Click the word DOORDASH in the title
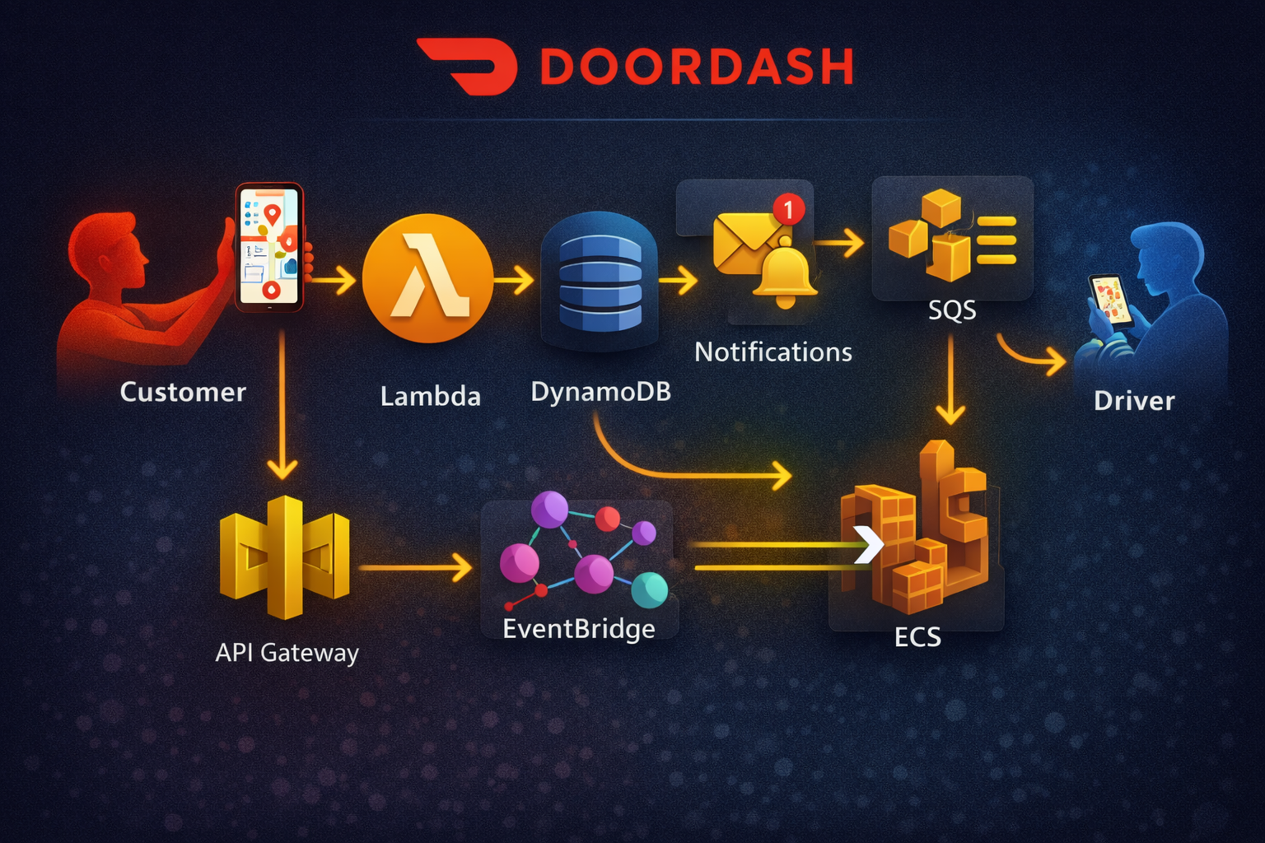point(697,68)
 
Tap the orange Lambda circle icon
point(427,278)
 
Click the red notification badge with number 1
point(788,209)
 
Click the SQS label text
point(952,310)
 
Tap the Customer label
point(183,392)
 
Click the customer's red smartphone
point(269,247)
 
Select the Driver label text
point(1134,401)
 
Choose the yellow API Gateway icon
point(285,557)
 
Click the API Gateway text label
point(287,653)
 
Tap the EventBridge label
point(579,629)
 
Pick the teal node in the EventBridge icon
point(650,589)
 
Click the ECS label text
point(917,637)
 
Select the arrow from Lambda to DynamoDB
point(515,282)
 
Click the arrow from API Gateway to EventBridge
point(416,567)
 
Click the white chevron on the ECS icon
point(868,544)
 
